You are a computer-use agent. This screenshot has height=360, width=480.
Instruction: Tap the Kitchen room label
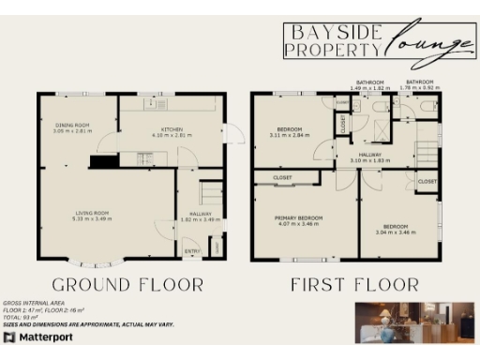(171, 128)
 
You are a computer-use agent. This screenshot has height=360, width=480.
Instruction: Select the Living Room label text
(94, 214)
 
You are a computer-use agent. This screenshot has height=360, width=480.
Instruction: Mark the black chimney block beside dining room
(102, 162)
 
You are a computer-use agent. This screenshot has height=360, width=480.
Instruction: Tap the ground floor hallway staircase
(212, 197)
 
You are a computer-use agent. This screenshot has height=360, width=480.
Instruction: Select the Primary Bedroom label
(298, 218)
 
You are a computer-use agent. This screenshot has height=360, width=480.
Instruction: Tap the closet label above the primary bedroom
(282, 176)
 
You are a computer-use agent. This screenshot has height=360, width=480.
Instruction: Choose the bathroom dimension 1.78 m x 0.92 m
(419, 87)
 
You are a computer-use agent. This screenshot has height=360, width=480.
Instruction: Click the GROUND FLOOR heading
(127, 284)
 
